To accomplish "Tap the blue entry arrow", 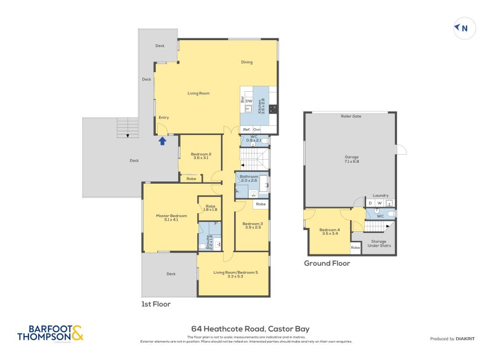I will pyautogui.click(x=163, y=141).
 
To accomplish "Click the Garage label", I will pyautogui.click(x=351, y=157).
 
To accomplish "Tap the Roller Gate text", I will pyautogui.click(x=351, y=116).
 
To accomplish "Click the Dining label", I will pyautogui.click(x=246, y=62).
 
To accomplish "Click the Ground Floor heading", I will pyautogui.click(x=327, y=263).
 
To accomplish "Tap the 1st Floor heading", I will pyautogui.click(x=155, y=304).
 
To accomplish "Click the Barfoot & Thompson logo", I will pyautogui.click(x=50, y=333).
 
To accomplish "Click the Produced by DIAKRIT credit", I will pyautogui.click(x=455, y=338).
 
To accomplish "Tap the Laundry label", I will pyautogui.click(x=380, y=195).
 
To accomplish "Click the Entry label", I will pyautogui.click(x=163, y=117).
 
